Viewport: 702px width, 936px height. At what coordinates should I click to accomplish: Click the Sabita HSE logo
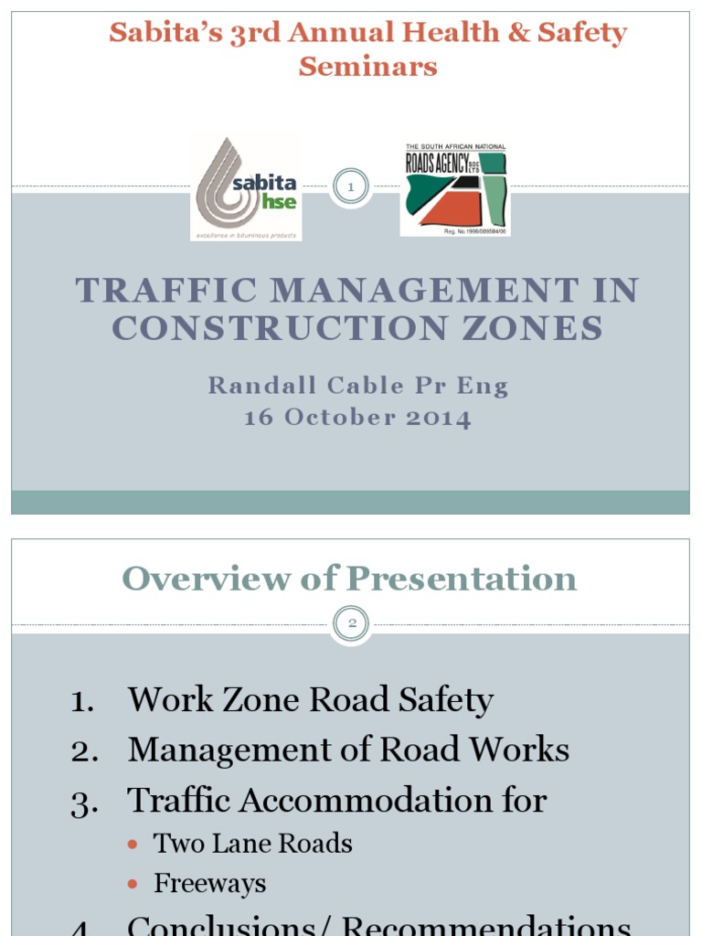pyautogui.click(x=246, y=187)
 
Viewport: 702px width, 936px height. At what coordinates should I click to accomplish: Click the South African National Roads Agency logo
pyautogui.click(x=455, y=189)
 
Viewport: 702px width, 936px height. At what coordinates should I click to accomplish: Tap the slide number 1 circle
pyautogui.click(x=350, y=187)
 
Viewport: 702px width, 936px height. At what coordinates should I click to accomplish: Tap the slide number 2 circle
pyautogui.click(x=350, y=625)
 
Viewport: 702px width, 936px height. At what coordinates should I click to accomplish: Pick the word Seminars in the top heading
pyautogui.click(x=368, y=66)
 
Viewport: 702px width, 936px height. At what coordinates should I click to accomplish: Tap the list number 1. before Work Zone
pyautogui.click(x=85, y=702)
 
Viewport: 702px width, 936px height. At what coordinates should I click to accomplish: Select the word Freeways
pyautogui.click(x=209, y=884)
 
